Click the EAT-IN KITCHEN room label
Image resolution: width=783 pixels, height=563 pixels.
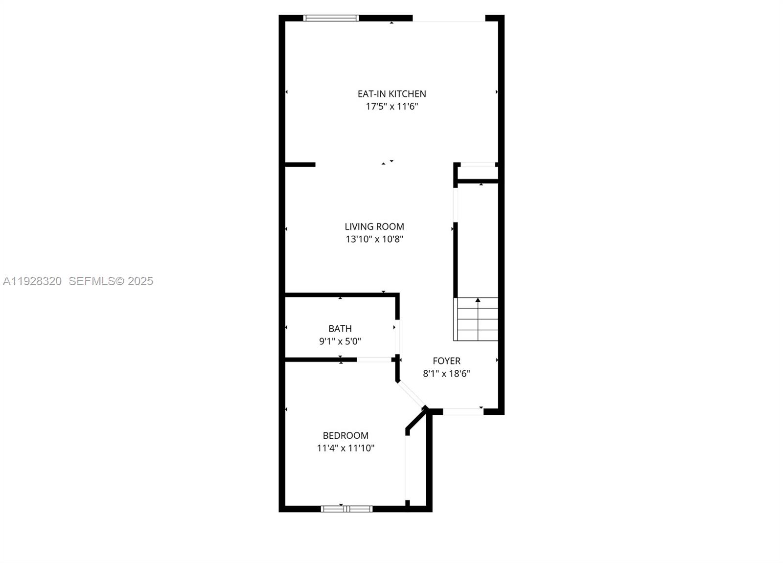coord(391,94)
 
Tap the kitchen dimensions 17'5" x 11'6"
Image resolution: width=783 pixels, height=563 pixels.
coord(391,107)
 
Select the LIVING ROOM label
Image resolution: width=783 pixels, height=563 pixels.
coord(374,226)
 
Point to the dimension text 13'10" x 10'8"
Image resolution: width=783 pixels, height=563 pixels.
coord(374,239)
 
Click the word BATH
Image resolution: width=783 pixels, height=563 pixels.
coord(340,329)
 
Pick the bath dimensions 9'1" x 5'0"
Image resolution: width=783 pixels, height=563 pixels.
coord(340,341)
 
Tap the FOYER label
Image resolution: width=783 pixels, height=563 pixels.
coord(446,361)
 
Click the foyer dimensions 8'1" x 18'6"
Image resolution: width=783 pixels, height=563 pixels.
coord(446,374)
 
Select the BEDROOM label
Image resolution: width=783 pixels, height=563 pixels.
coord(345,435)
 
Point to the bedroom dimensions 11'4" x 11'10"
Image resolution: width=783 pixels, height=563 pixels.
coord(345,448)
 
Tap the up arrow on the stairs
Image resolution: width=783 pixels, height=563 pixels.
coord(478,300)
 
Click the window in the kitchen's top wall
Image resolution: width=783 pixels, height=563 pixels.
coord(331,18)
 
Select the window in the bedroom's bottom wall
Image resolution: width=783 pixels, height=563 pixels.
coord(346,509)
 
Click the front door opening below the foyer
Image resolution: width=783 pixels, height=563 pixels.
coord(463,411)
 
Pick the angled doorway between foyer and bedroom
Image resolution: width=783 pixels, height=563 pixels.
coord(411,394)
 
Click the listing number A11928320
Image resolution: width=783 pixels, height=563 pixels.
coord(32,281)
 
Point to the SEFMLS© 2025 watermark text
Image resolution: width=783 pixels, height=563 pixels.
coord(111,281)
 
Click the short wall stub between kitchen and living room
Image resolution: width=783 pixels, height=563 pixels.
coord(299,164)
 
